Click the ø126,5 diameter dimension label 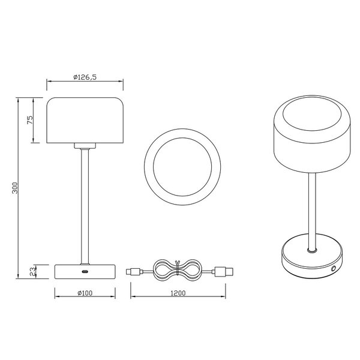pyautogui.click(x=85, y=77)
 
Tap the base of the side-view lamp pyautogui.click(x=85, y=271)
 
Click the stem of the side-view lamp pyautogui.click(x=85, y=204)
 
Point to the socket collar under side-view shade pyautogui.click(x=85, y=146)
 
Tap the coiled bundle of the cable pyautogui.click(x=176, y=271)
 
